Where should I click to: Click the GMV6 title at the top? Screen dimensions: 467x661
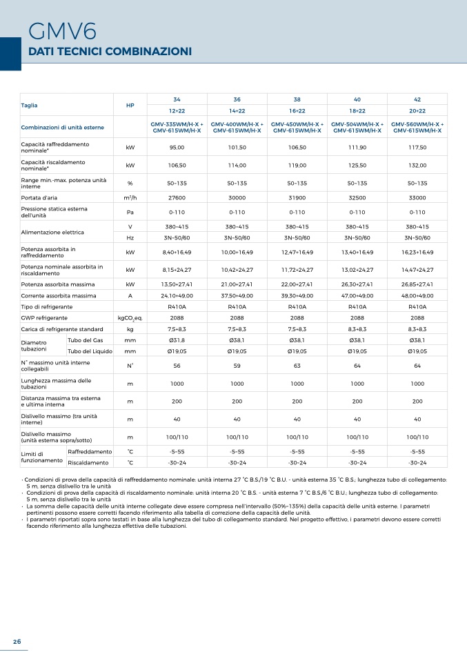(x=62, y=32)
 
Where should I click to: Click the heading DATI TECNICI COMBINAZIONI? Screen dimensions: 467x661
(x=110, y=52)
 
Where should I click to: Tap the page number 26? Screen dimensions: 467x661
(x=17, y=641)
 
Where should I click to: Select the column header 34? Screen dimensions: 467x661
(x=177, y=99)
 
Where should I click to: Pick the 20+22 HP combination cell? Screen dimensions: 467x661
(x=417, y=111)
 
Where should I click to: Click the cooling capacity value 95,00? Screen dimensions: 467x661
(x=177, y=148)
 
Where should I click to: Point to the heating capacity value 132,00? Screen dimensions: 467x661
(x=417, y=166)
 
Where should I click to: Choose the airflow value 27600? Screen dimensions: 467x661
(x=177, y=198)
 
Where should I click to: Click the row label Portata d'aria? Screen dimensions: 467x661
(x=39, y=198)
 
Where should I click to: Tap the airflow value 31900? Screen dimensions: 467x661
(x=297, y=198)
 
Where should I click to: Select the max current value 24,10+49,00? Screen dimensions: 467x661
(x=177, y=296)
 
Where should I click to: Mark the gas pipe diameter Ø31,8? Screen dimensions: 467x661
(x=177, y=340)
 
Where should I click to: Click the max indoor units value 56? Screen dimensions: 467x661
(x=177, y=366)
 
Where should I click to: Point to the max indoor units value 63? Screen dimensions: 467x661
(x=297, y=366)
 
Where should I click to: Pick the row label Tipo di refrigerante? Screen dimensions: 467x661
(x=47, y=307)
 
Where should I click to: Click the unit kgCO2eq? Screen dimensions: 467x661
(x=130, y=318)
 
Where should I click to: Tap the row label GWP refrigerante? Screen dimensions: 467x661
(x=44, y=318)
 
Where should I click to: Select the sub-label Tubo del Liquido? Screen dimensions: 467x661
(x=90, y=351)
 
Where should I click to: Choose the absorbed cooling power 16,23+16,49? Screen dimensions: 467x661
(x=417, y=253)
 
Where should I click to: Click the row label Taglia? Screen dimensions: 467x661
(x=29, y=106)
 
